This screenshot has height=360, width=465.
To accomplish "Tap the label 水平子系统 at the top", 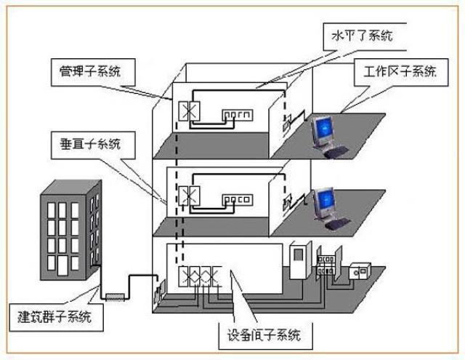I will pos(361,35).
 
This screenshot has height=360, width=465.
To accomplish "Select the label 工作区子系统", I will pos(395,72).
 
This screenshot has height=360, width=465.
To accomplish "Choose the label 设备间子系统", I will pos(265,337).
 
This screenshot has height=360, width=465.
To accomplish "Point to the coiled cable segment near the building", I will pos(116,295).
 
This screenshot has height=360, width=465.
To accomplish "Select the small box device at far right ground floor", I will pos(359,271).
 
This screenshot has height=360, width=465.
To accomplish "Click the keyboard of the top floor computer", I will pos(336,153).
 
